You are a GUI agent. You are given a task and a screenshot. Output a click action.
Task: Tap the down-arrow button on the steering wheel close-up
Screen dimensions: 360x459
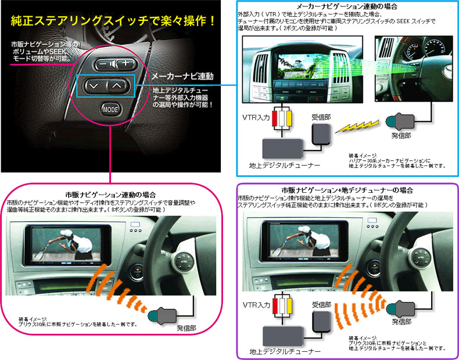click(94, 85)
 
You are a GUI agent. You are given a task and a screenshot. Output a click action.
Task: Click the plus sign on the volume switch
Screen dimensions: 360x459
click(124, 63)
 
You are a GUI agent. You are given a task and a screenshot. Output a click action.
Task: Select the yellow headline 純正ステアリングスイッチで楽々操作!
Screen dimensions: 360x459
click(114, 21)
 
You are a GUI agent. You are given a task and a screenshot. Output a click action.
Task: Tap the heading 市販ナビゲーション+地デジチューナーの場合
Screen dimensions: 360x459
click(347, 190)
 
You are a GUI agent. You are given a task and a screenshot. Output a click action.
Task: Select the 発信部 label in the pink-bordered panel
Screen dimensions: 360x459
click(188, 328)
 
